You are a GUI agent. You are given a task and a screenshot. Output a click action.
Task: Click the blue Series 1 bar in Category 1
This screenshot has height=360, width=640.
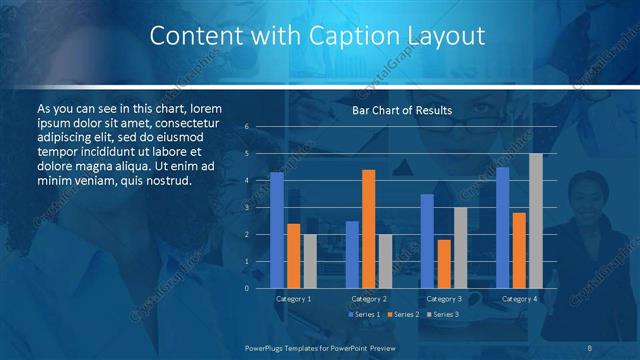[277, 230]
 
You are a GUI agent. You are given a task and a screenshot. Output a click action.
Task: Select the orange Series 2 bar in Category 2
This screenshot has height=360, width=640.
[368, 229]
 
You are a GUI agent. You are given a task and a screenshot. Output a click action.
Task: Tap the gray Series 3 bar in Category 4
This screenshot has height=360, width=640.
[535, 221]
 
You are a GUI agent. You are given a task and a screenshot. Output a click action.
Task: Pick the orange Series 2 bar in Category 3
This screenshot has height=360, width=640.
[443, 264]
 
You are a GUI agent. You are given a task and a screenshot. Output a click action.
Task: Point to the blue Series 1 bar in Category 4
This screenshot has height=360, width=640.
[502, 228]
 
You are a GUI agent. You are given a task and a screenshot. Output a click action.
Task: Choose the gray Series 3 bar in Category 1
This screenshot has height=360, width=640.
[310, 261]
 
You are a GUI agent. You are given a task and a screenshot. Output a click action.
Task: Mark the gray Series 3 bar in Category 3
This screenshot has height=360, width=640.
[460, 248]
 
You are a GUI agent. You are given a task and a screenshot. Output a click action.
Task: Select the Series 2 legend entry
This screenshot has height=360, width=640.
[403, 314]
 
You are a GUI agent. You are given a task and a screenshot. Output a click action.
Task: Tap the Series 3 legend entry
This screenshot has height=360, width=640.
[443, 314]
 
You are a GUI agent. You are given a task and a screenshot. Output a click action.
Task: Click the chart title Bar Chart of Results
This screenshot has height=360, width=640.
[402, 110]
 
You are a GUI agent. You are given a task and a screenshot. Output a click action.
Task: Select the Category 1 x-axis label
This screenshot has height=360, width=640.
[293, 299]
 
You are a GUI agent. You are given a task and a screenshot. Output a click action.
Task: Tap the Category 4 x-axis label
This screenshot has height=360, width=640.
[519, 299]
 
